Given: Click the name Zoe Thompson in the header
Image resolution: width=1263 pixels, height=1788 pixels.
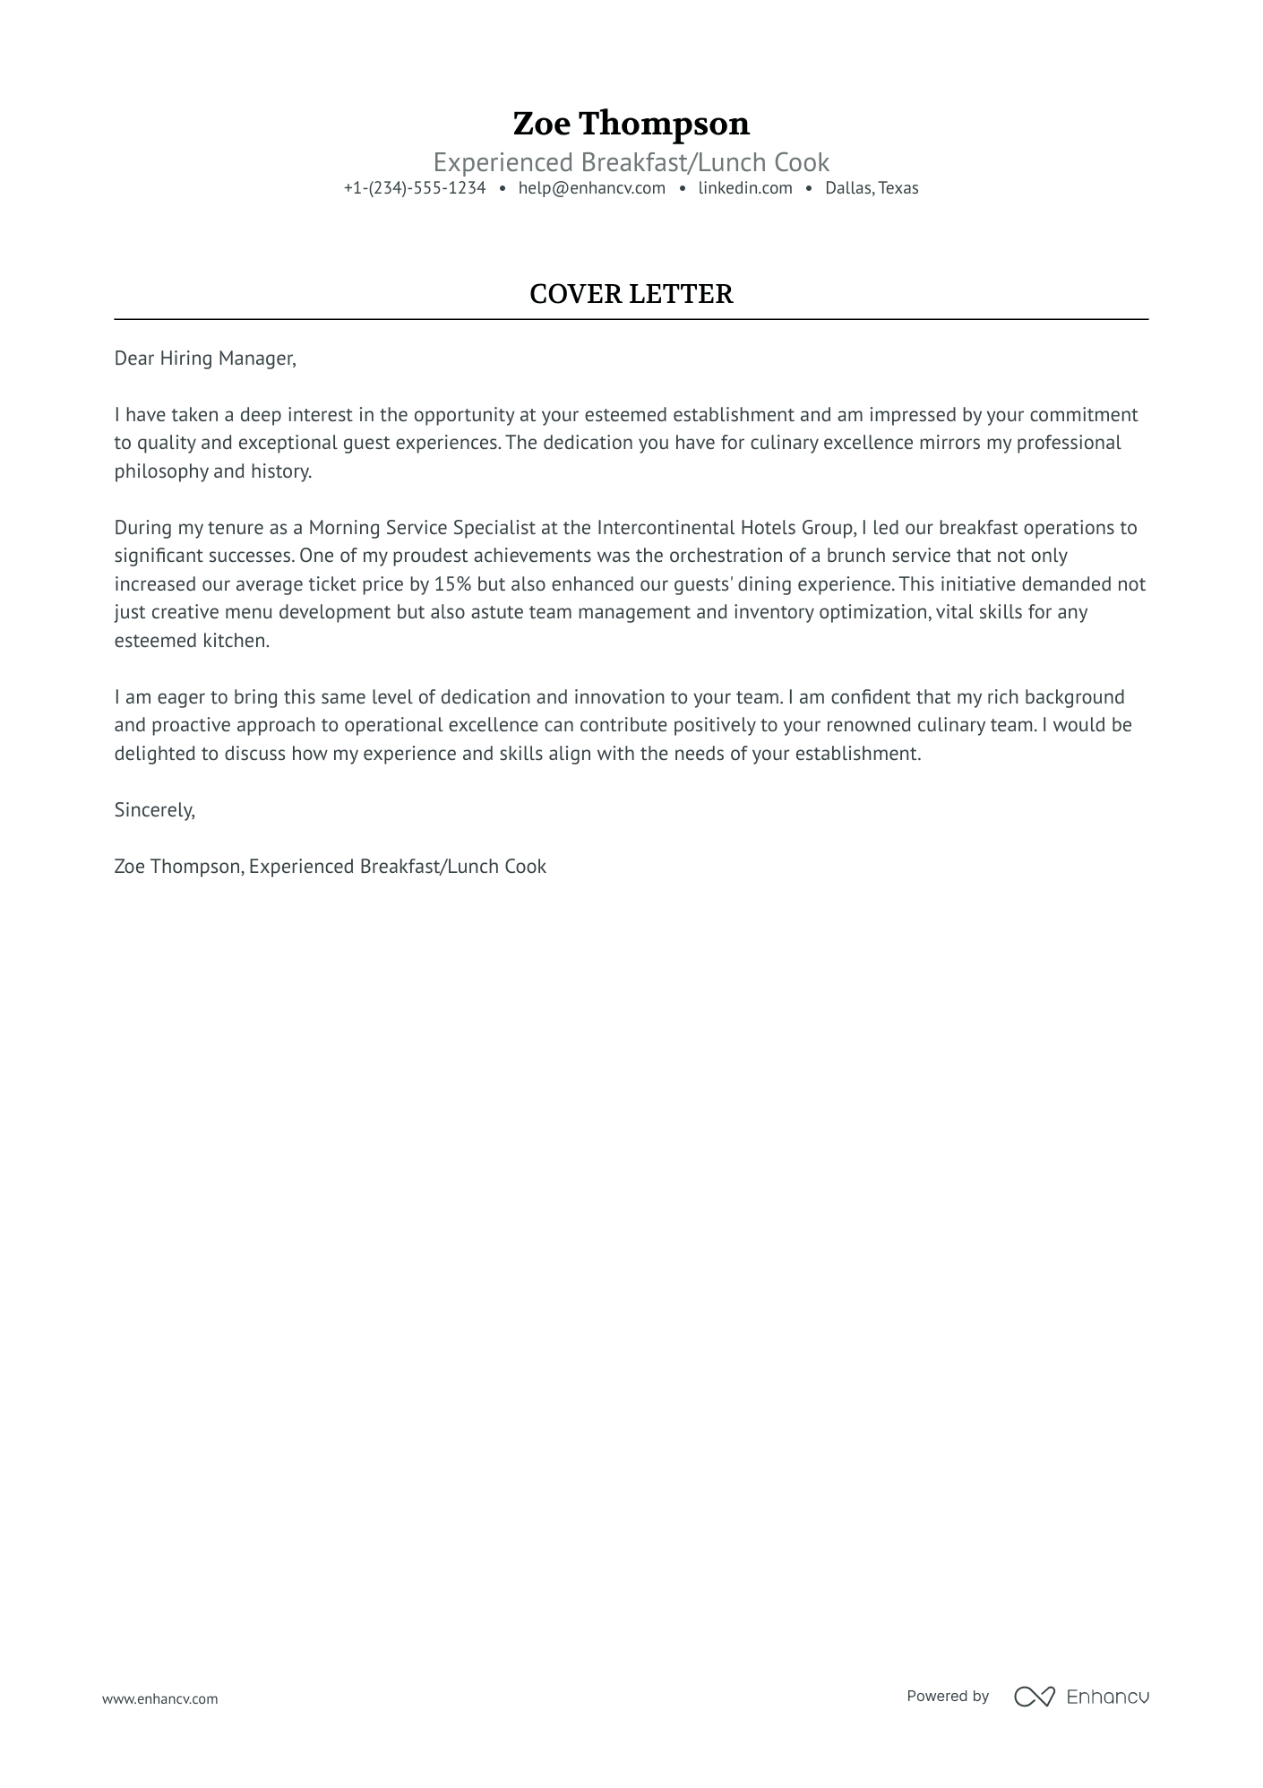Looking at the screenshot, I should [631, 124].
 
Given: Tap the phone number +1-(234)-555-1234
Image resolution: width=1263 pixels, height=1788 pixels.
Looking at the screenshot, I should [415, 188].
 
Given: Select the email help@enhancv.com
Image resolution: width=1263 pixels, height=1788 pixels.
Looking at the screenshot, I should [591, 188].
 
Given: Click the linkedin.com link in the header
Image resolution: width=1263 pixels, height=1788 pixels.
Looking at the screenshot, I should [745, 188].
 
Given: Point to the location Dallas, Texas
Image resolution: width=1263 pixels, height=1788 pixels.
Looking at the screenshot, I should [872, 188].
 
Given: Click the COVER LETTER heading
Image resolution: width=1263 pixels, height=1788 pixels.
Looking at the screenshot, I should [631, 294].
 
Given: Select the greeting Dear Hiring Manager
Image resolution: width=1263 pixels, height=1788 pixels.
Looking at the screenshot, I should [204, 358].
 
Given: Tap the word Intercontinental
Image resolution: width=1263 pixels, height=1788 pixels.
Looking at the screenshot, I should [666, 528].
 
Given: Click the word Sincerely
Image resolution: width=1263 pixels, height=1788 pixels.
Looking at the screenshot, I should [154, 810].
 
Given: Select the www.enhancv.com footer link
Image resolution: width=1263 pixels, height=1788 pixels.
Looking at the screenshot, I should [159, 1698].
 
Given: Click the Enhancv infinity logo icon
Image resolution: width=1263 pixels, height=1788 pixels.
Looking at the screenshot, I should [1034, 1697].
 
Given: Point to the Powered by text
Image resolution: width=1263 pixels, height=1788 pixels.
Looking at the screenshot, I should [947, 1696].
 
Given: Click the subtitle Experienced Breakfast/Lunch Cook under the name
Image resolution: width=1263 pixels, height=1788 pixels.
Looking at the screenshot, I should [631, 163].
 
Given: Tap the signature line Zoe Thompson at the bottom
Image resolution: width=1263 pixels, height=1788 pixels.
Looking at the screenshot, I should [177, 867].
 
